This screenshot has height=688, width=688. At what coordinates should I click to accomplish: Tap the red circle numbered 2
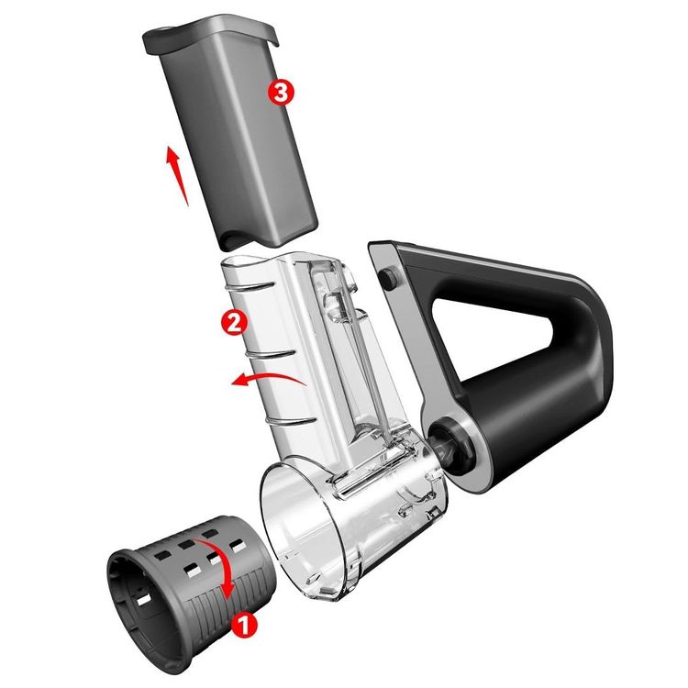(234, 322)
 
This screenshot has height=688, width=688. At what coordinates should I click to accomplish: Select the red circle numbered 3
(281, 93)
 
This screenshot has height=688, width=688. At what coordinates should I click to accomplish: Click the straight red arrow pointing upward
(176, 175)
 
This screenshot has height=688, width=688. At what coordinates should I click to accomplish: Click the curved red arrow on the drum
(223, 566)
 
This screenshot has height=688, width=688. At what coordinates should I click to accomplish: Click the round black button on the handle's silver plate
(388, 279)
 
